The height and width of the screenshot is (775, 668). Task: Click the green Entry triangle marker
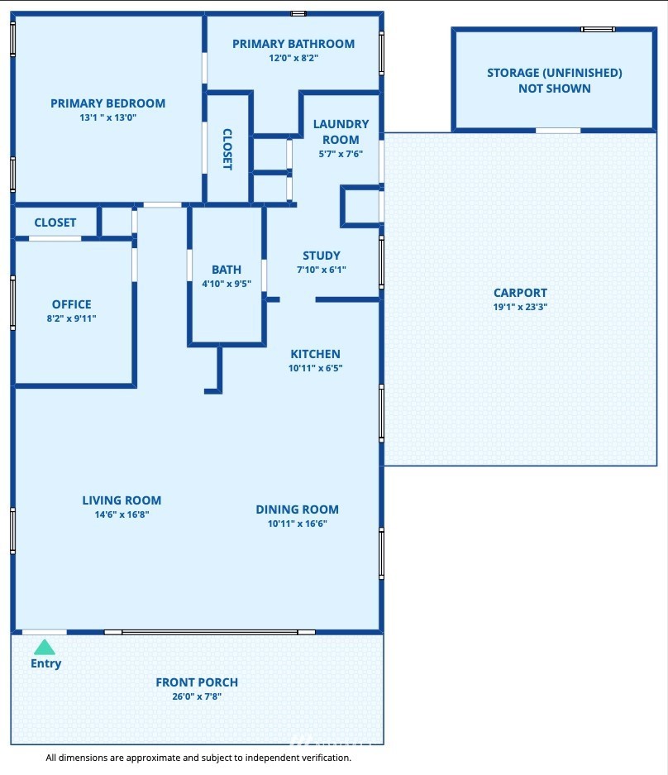(x=45, y=647)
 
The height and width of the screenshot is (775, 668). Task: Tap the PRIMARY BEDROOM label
(x=107, y=103)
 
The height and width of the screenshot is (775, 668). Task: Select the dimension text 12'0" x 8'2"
(x=293, y=58)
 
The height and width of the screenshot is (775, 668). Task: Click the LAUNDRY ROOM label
(x=341, y=132)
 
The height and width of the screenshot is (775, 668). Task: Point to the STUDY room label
(x=322, y=256)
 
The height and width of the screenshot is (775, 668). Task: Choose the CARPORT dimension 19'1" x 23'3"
(x=520, y=306)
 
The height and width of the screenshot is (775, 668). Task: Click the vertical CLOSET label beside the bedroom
(x=227, y=149)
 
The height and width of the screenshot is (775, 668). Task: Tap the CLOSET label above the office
(x=55, y=222)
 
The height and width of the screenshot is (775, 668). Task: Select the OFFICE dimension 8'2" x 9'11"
(x=72, y=318)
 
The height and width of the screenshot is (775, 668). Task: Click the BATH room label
(x=227, y=270)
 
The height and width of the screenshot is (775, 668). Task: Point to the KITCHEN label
(x=315, y=354)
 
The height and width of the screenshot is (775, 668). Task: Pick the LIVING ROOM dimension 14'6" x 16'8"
(x=122, y=514)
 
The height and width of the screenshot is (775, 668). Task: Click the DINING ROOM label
(x=298, y=509)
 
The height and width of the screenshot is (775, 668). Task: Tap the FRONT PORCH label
(x=197, y=682)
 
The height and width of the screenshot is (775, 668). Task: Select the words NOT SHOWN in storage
(x=555, y=89)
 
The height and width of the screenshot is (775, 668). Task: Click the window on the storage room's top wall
(x=598, y=29)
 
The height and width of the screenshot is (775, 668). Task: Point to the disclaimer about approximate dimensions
(x=198, y=758)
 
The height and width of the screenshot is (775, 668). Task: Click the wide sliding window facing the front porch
(x=209, y=632)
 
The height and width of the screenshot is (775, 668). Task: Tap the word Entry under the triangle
(x=46, y=663)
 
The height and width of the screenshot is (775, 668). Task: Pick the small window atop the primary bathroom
(x=298, y=13)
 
